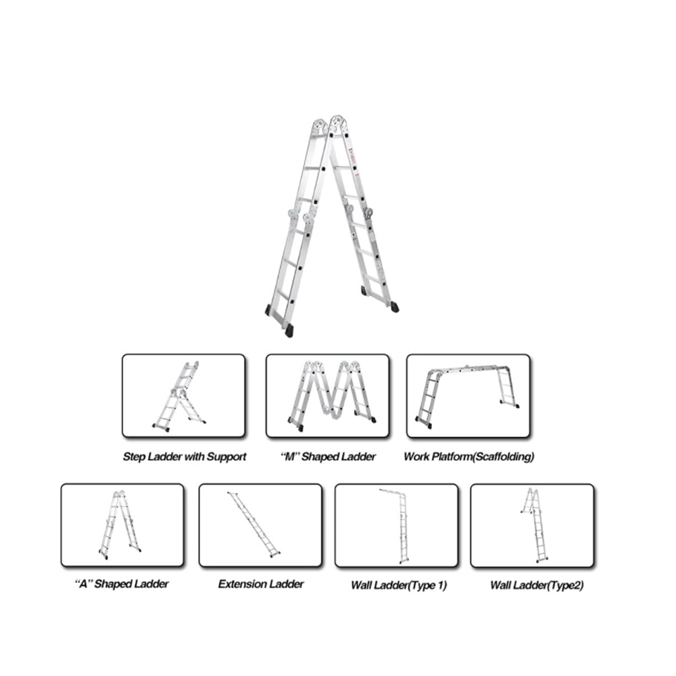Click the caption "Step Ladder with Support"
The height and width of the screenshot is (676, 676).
[185, 456]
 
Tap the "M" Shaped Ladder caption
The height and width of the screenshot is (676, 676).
[328, 456]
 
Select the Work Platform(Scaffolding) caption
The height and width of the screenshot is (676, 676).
[468, 456]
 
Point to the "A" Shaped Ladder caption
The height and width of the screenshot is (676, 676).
[122, 584]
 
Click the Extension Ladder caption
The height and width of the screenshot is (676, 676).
[261, 584]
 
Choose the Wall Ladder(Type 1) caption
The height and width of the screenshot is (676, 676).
[399, 585]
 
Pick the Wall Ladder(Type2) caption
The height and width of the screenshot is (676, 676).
[537, 585]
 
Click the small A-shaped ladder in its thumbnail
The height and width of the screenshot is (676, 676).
[120, 525]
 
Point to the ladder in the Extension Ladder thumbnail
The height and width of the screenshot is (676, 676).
[254, 525]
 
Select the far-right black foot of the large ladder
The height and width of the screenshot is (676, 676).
[394, 307]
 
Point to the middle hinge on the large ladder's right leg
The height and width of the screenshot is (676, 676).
[358, 214]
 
